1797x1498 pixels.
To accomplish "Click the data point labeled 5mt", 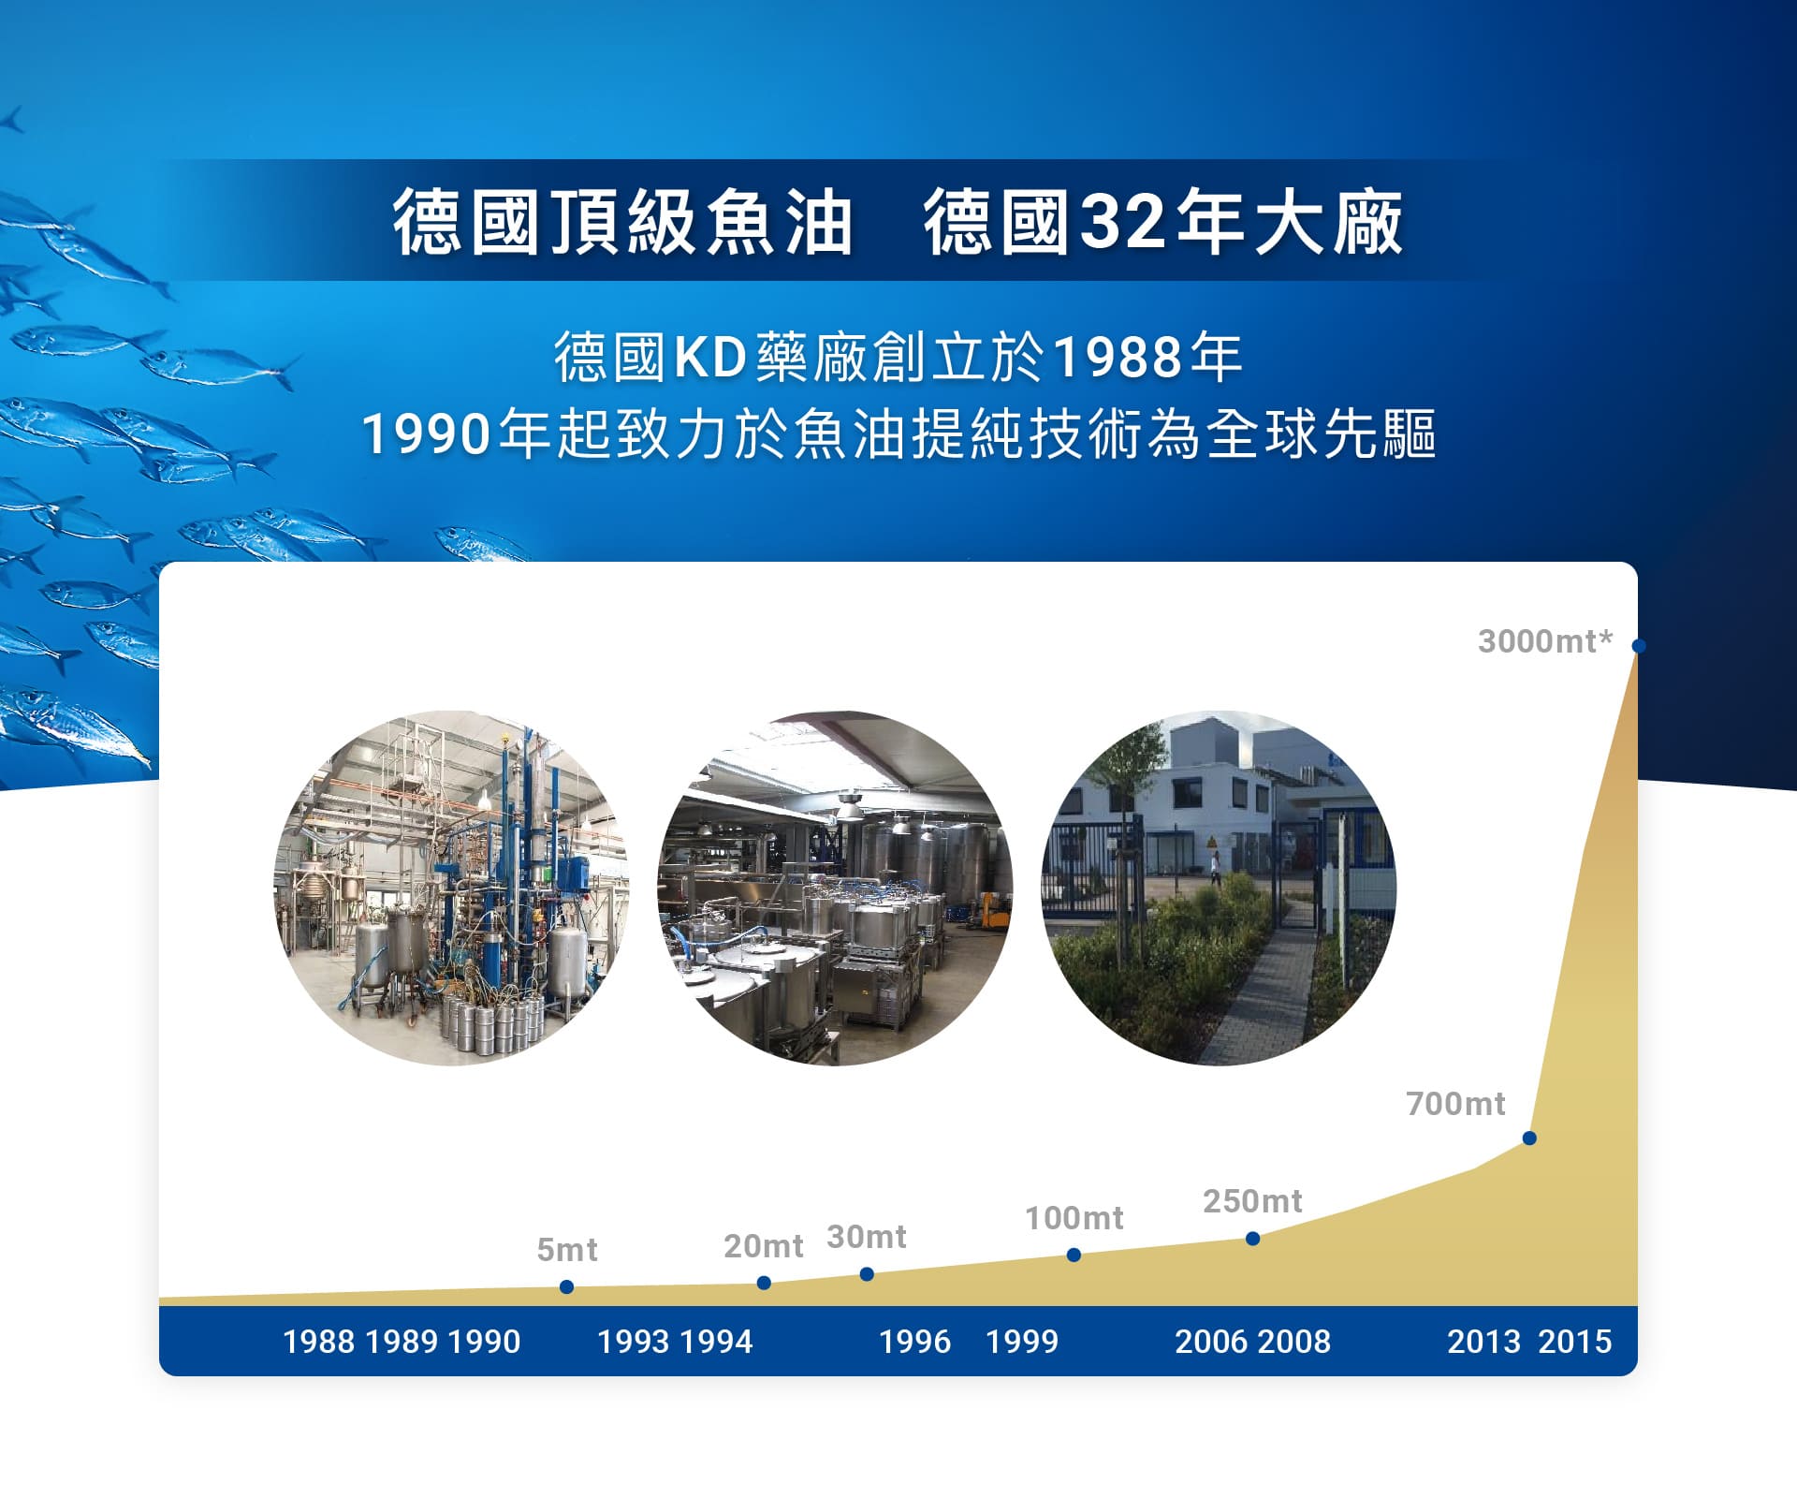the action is [x=566, y=1287].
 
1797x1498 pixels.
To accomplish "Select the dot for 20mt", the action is [x=764, y=1283].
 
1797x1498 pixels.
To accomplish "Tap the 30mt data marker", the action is [x=867, y=1274].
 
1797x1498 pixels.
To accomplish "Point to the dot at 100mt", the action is [x=1074, y=1255].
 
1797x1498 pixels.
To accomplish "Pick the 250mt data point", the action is [x=1253, y=1239].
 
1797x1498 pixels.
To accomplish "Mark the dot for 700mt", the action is [x=1529, y=1138].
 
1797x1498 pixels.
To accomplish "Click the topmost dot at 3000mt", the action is [x=1639, y=645].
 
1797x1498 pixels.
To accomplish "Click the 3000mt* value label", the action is [x=1545, y=641].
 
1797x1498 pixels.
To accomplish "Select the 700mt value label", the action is [x=1455, y=1104].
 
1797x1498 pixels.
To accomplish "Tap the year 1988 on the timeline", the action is [x=318, y=1342].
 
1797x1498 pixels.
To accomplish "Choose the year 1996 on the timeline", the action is [x=914, y=1342].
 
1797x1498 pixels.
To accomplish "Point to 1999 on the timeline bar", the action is [x=1022, y=1342].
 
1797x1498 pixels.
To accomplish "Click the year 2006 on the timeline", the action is [x=1211, y=1342].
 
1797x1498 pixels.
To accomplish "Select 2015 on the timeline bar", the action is [x=1575, y=1342].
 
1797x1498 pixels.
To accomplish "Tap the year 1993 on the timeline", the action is [x=634, y=1342].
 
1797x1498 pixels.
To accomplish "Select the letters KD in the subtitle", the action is [x=710, y=358].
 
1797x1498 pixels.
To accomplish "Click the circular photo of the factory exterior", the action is [x=1219, y=888].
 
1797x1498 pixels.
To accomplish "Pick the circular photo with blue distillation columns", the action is [x=451, y=888].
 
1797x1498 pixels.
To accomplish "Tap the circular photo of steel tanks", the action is [x=835, y=888].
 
